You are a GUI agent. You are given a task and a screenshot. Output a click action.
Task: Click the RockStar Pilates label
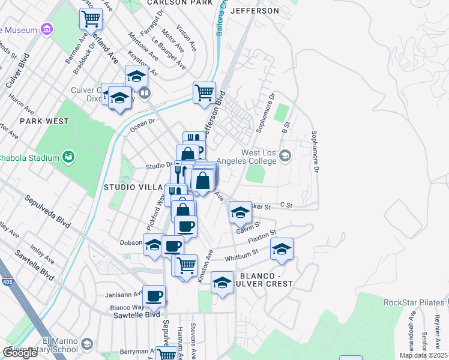[414, 302]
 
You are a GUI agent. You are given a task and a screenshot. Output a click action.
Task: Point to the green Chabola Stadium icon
[70, 157]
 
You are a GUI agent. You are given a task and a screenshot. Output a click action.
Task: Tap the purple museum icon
[46, 29]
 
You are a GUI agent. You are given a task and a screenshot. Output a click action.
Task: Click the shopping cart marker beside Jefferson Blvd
[204, 93]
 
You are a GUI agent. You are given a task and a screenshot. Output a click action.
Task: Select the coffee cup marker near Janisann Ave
[154, 296]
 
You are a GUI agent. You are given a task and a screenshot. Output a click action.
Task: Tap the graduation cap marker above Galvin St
[240, 212]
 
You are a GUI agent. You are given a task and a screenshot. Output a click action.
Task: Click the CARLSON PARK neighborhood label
[179, 3]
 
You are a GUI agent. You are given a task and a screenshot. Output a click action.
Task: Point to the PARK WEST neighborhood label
[44, 121]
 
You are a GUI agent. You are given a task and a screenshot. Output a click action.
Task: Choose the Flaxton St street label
[262, 238]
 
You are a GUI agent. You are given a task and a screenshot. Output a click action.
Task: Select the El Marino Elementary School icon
[87, 344]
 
